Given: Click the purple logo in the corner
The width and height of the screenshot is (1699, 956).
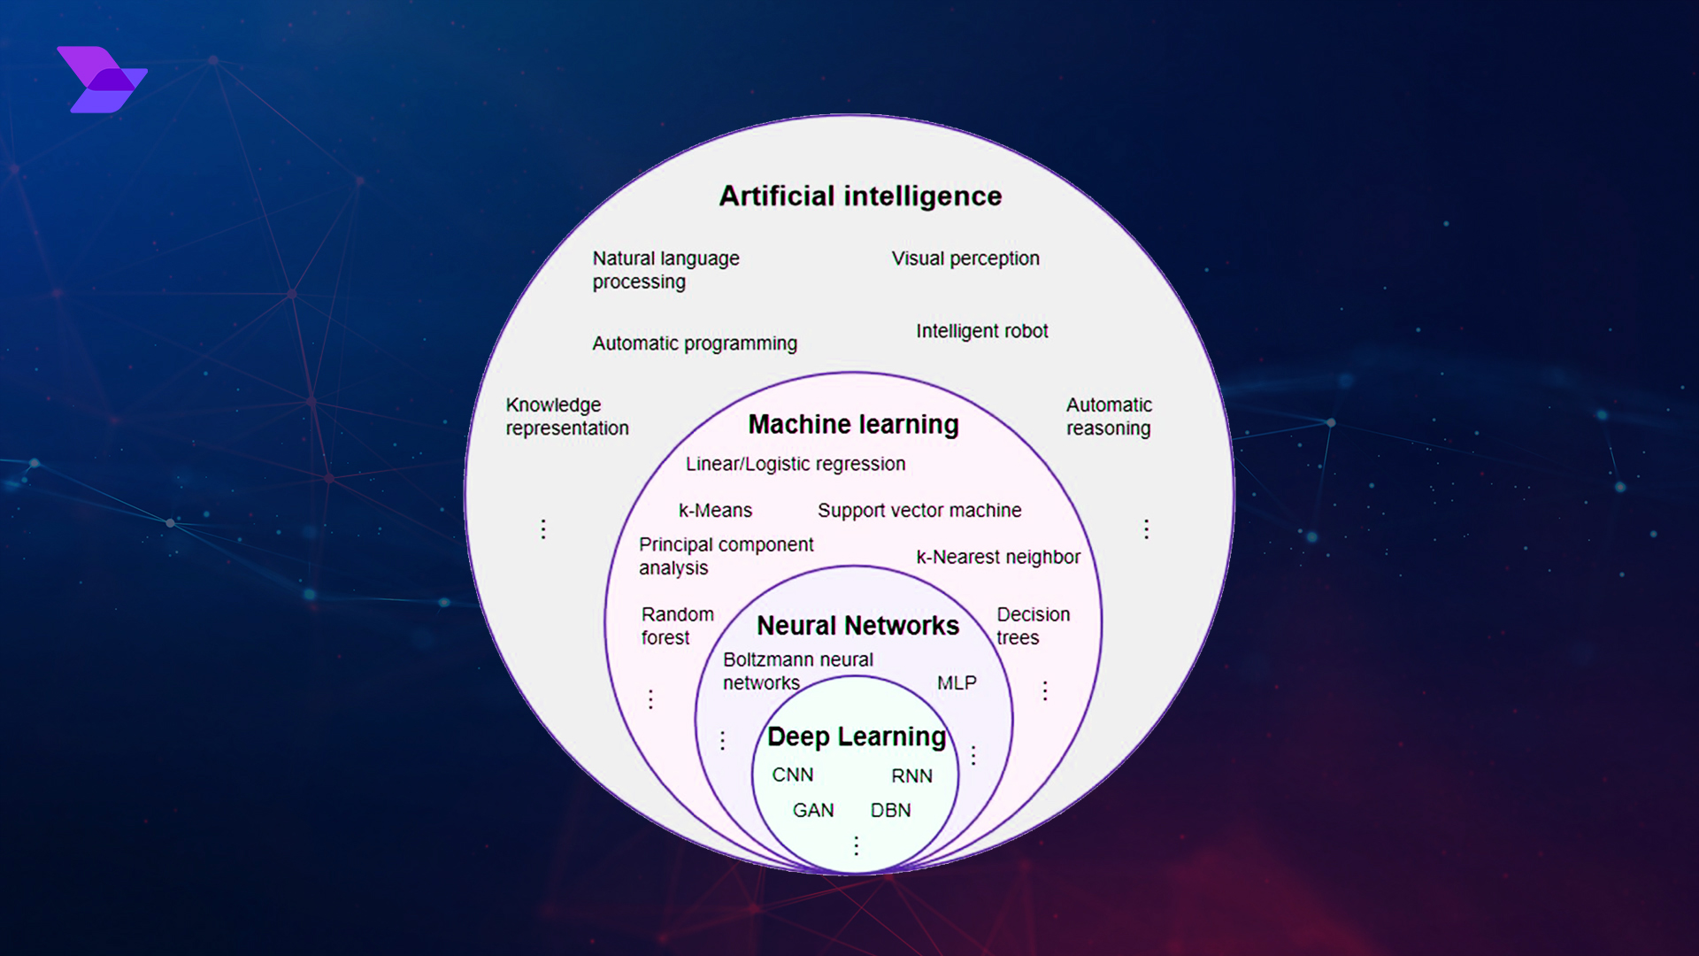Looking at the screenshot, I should click(102, 80).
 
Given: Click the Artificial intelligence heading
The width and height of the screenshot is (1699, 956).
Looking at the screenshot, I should click(860, 196).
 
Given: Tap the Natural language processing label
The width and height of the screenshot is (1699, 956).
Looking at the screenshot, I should click(665, 270).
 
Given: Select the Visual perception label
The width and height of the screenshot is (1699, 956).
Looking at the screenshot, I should click(965, 258).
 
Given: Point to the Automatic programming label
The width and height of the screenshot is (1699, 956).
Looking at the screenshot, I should click(695, 343).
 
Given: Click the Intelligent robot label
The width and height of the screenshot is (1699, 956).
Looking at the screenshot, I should click(981, 331).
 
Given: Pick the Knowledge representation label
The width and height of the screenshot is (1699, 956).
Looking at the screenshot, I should click(567, 416).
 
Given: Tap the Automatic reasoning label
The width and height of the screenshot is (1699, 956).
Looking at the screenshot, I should click(1109, 416).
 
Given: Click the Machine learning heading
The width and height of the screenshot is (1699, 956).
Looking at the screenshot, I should click(853, 425).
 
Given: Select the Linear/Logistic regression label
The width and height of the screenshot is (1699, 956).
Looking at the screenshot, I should click(796, 464).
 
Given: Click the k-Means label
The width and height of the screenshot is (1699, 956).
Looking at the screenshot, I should click(715, 511).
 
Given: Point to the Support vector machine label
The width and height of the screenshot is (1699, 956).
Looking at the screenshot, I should click(919, 511).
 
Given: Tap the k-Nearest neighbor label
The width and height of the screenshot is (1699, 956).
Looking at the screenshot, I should click(998, 557).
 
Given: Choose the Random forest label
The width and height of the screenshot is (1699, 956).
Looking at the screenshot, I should click(677, 626).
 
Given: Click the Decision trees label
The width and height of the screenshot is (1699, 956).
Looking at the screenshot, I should click(1033, 626).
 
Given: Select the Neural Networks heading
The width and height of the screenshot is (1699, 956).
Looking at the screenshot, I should click(857, 626).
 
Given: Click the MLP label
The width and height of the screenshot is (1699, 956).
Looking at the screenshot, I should click(957, 683).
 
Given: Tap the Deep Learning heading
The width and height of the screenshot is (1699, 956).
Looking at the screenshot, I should click(857, 736).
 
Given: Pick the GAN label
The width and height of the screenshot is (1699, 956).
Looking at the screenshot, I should click(813, 811).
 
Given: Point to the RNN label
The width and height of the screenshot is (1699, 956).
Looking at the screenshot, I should click(911, 776).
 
